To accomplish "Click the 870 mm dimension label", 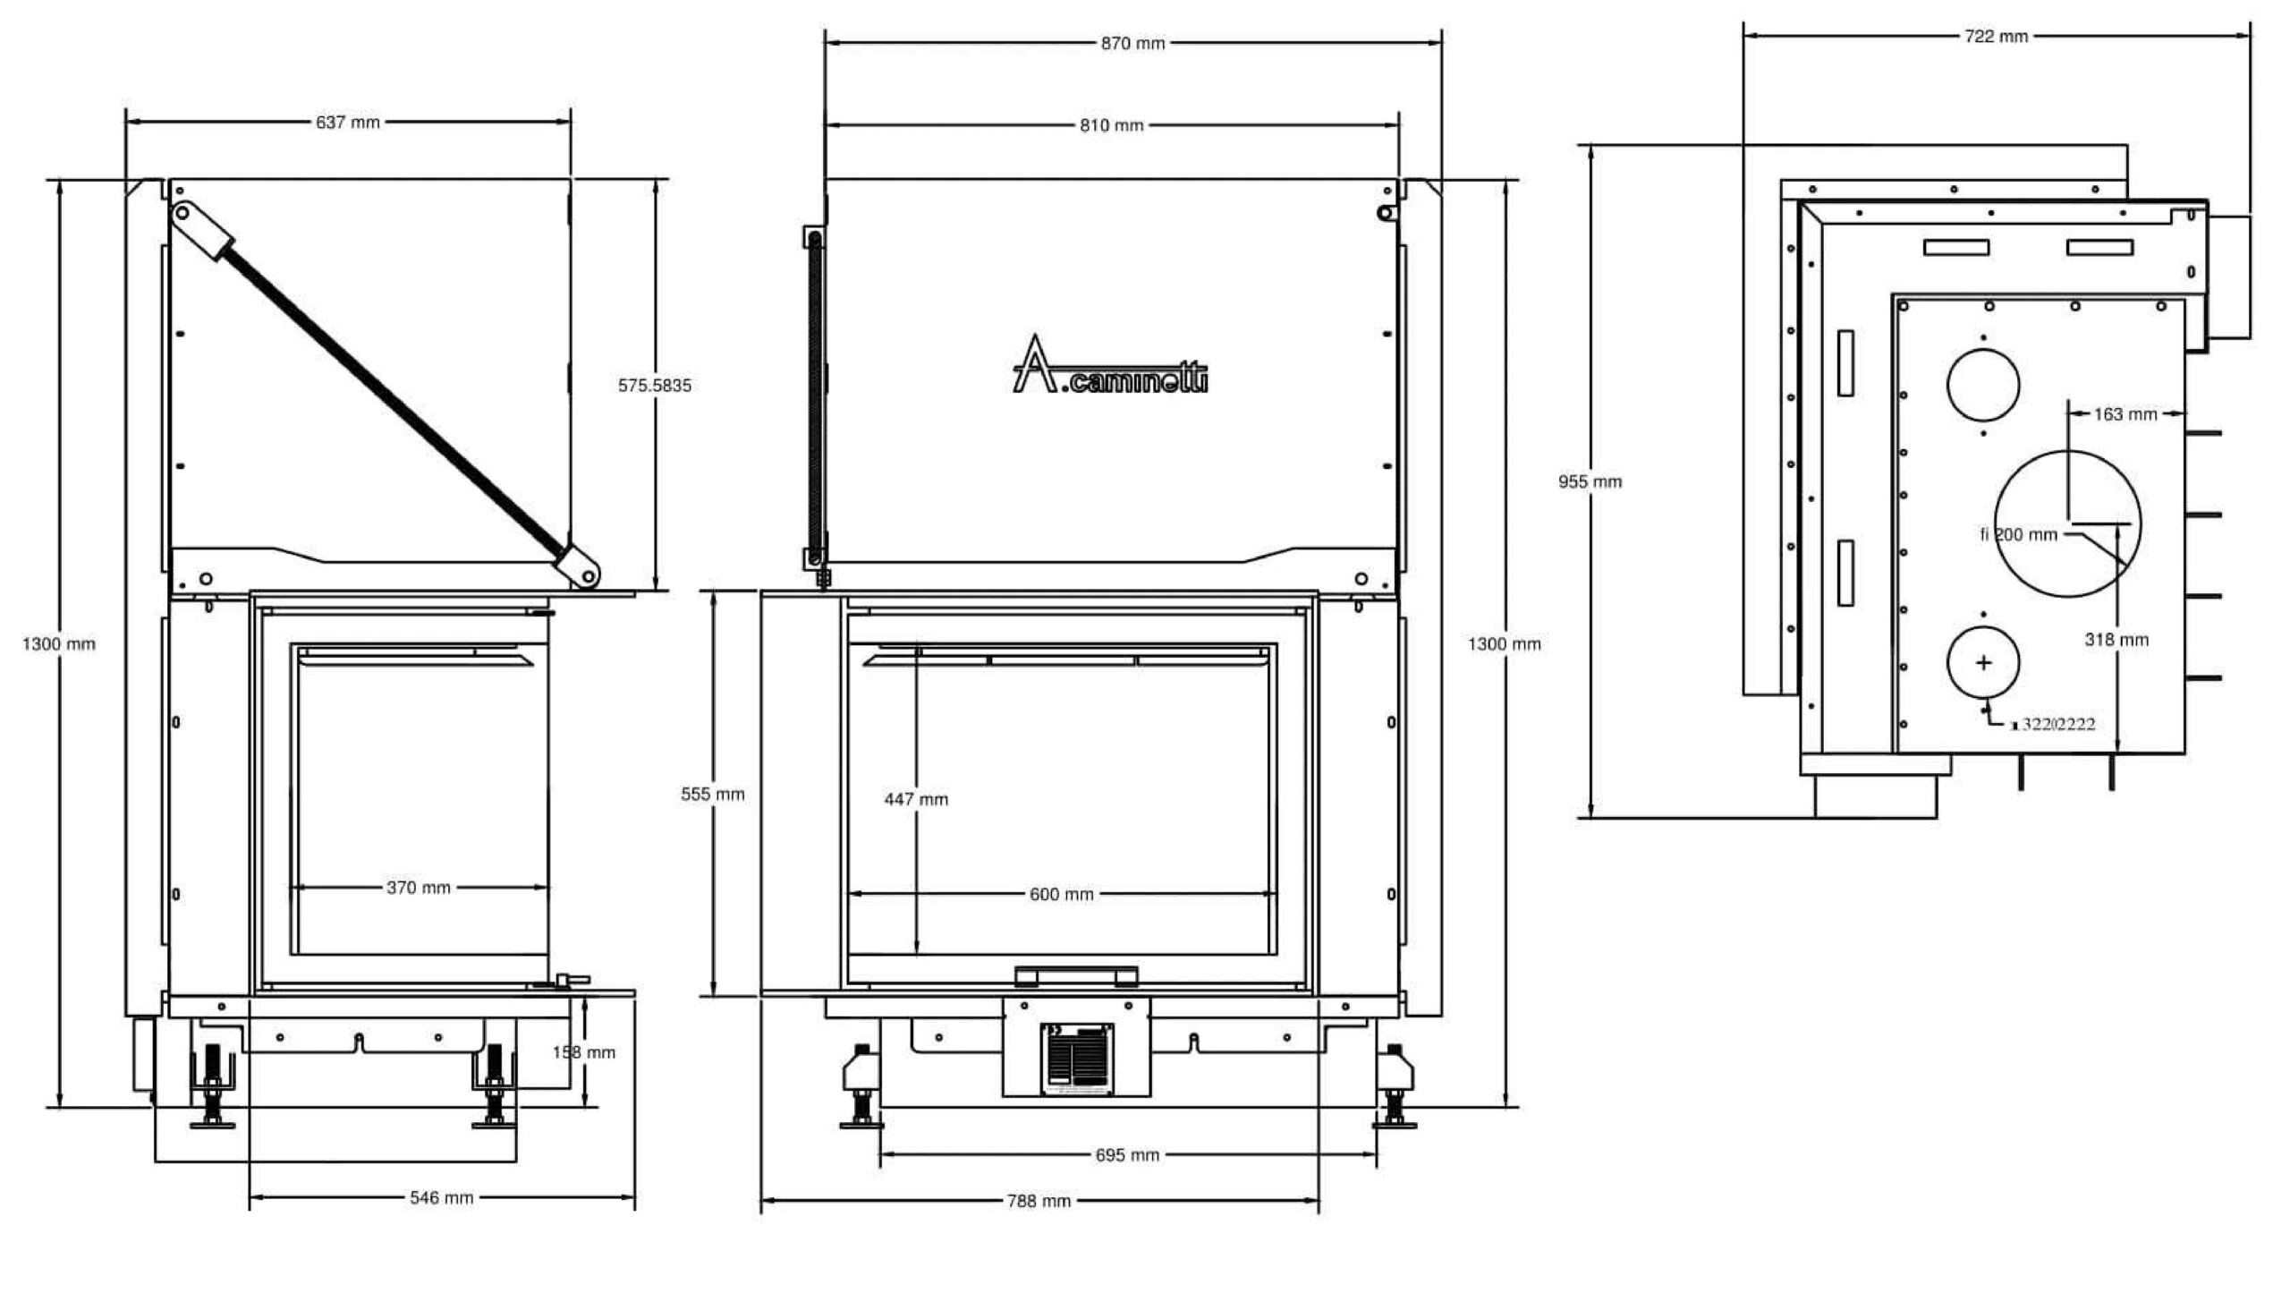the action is [1132, 43].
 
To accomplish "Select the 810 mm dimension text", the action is [1111, 125].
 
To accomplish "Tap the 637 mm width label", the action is [348, 122].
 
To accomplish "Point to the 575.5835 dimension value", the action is [655, 386].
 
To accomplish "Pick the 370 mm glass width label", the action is [419, 888].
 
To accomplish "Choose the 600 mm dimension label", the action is [1062, 894].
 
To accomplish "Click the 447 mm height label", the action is [916, 799].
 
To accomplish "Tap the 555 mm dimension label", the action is [712, 794].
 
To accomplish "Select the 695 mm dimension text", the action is [1127, 1155].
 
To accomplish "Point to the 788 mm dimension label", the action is [1039, 1201].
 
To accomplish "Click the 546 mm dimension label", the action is [442, 1197].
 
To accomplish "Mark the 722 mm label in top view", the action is [1996, 37].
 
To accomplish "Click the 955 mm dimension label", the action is [1590, 481].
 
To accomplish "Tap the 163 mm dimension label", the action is [2125, 414].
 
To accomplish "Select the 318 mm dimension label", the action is [2116, 640].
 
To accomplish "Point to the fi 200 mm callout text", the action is [2019, 535].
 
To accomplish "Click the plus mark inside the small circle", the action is [1983, 663].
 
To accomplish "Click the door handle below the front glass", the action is [1076, 975].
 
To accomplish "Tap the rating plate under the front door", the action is [1077, 1059].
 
